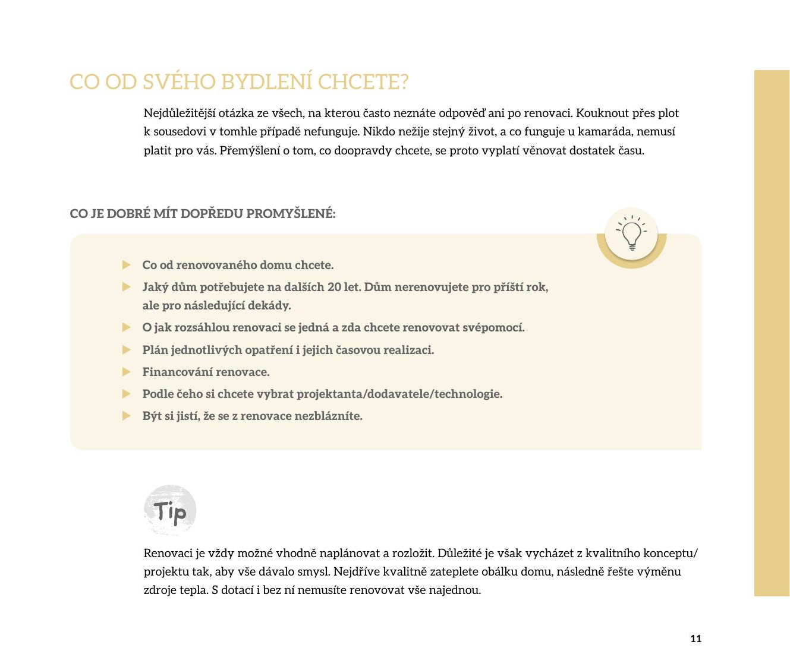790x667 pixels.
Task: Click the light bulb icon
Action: [x=631, y=235]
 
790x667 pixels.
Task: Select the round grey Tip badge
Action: [x=170, y=510]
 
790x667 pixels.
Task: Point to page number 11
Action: [x=696, y=638]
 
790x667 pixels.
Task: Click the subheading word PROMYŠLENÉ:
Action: [x=291, y=214]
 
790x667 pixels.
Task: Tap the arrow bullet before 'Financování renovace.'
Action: [x=126, y=372]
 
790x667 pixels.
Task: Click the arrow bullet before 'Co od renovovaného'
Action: [x=126, y=265]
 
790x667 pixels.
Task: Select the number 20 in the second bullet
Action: [x=334, y=287]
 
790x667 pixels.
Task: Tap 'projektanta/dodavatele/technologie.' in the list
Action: [x=399, y=394]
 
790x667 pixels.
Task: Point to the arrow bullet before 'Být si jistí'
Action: [x=126, y=416]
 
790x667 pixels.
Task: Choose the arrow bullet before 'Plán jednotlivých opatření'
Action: [x=126, y=350]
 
